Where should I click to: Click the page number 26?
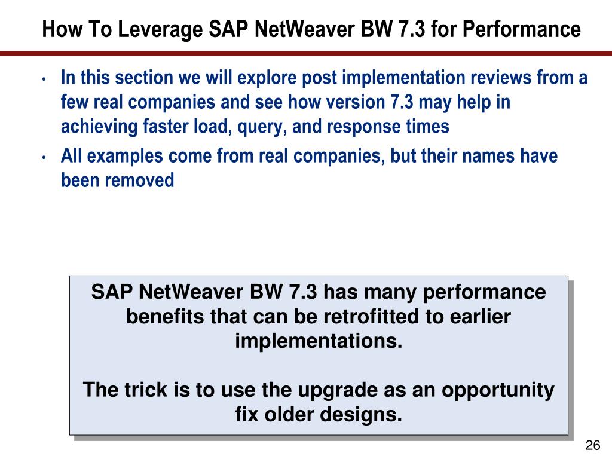coord(592,445)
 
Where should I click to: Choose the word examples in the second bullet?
coord(127,157)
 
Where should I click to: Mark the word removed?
coord(141,180)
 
